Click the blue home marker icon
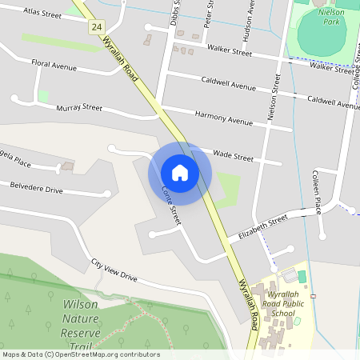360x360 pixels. (180, 173)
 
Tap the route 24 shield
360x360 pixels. (97, 26)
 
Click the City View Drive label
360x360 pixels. (114, 270)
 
